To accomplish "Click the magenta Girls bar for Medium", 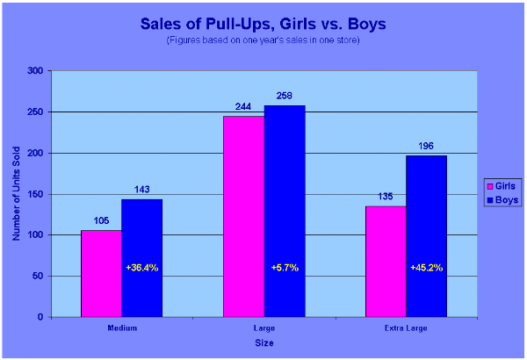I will point(101,273).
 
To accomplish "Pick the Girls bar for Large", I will point(243,216).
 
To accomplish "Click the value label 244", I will point(243,107).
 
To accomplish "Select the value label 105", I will point(101,221).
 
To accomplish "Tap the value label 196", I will point(426,147).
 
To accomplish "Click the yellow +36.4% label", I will point(141,267).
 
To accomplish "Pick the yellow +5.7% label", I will point(284,267).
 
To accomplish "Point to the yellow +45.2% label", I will point(426,267).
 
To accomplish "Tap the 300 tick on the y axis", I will point(35,71).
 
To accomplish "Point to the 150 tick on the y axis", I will point(35,194).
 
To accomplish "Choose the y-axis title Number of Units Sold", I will point(17,193).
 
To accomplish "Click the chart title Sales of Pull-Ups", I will point(263,24).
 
